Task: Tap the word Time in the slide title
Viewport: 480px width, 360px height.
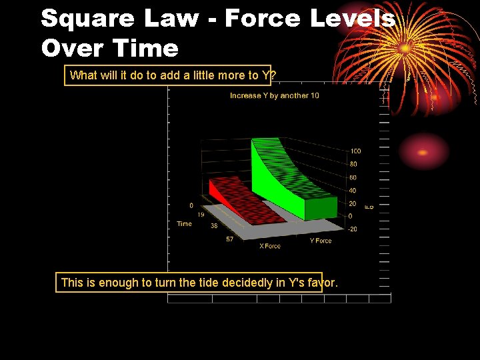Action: [146, 48]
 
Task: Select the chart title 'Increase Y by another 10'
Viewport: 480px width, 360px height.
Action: [275, 96]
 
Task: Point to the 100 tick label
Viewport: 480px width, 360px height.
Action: [356, 151]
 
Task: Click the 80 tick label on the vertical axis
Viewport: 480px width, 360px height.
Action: [353, 164]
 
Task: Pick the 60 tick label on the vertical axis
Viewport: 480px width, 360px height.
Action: [353, 177]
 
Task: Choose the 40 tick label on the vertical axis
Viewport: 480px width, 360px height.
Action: [353, 191]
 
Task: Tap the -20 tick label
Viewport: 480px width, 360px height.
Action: [353, 229]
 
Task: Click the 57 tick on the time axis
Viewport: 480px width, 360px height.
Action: [229, 239]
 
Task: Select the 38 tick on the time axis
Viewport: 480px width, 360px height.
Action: [214, 226]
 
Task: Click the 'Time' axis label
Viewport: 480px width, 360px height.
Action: [184, 224]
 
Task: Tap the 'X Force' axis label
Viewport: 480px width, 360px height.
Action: [270, 246]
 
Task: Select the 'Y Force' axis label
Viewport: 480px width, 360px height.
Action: [321, 241]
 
